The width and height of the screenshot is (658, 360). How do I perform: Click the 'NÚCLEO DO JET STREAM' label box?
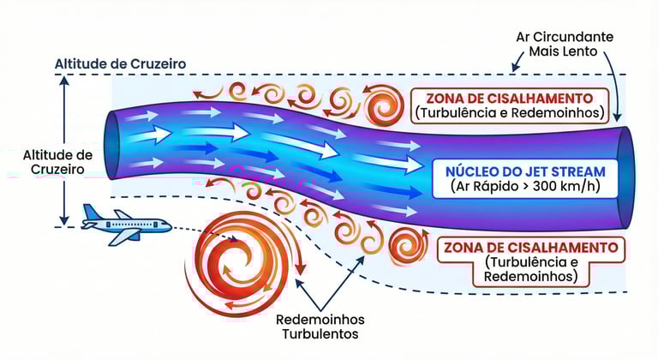click(x=518, y=177)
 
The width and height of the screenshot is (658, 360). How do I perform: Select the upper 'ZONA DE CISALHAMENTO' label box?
click(x=510, y=104)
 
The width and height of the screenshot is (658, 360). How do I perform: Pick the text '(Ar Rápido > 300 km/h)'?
click(x=518, y=187)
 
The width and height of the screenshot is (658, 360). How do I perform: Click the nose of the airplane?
click(x=169, y=226)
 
